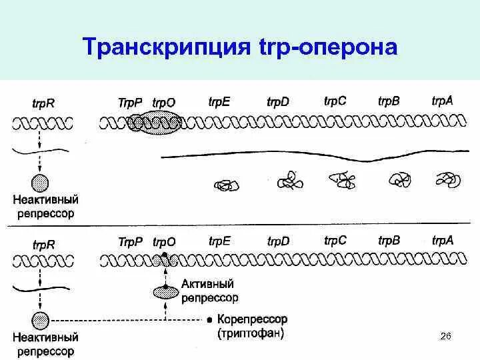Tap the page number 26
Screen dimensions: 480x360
coord(446,336)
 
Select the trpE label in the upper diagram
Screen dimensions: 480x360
coord(219,101)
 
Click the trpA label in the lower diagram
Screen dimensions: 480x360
coord(443,241)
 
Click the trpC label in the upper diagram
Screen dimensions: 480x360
coord(335,101)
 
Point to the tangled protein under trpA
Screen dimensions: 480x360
coord(445,179)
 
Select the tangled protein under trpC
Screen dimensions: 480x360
coord(343,179)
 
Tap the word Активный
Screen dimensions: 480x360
coord(205,285)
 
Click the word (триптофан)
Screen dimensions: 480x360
coord(251,333)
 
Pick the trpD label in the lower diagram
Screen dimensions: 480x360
coord(278,241)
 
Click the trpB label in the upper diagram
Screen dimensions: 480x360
coord(389,101)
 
